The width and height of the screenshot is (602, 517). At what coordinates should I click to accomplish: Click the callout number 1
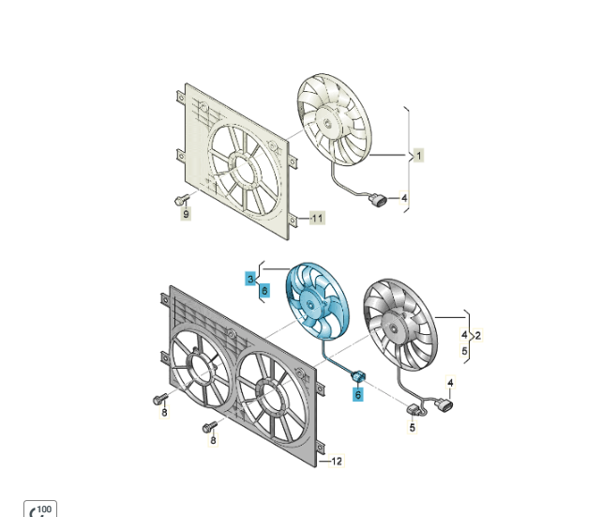click(x=419, y=156)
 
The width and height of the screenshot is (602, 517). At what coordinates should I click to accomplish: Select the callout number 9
click(x=187, y=214)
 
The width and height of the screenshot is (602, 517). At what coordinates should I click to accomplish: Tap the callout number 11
click(x=317, y=219)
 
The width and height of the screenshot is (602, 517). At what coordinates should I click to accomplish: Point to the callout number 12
click(x=337, y=461)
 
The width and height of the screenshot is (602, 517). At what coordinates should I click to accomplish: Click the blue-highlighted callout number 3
click(x=250, y=279)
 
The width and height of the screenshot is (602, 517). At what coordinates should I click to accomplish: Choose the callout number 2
click(x=477, y=336)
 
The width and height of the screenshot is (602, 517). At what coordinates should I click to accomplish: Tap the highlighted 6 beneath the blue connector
click(x=358, y=394)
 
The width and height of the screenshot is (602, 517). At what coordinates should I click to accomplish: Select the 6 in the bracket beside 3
click(x=264, y=291)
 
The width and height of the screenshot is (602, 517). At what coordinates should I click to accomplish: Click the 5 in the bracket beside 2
click(x=464, y=351)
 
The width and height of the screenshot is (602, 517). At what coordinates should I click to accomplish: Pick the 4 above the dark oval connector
click(x=450, y=383)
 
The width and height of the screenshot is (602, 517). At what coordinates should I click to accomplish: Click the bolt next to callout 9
click(x=182, y=200)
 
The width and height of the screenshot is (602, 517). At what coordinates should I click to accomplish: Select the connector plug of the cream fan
click(x=377, y=200)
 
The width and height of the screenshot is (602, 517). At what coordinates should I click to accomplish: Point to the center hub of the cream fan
click(x=327, y=123)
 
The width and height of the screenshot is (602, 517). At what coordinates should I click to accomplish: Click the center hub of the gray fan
click(x=393, y=328)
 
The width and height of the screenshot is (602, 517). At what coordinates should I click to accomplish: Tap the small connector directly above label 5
click(x=412, y=410)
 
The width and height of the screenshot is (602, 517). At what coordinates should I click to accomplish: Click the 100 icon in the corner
click(x=40, y=509)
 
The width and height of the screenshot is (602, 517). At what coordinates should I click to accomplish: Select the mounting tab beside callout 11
click(x=293, y=220)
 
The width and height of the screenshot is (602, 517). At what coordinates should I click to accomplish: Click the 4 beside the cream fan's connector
click(x=404, y=198)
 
